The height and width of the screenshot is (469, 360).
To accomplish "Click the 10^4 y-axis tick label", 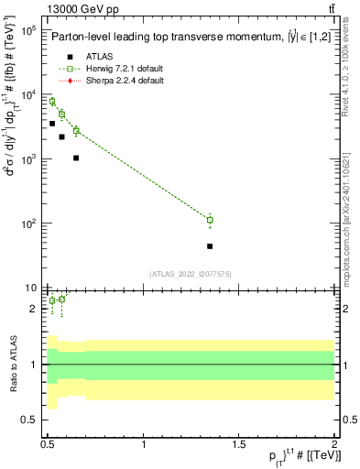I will (27, 95).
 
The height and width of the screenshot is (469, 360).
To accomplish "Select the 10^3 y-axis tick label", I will (27, 159).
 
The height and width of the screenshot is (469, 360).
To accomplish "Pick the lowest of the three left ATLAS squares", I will (76, 158).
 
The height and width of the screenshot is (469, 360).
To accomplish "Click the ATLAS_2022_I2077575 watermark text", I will (191, 274).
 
